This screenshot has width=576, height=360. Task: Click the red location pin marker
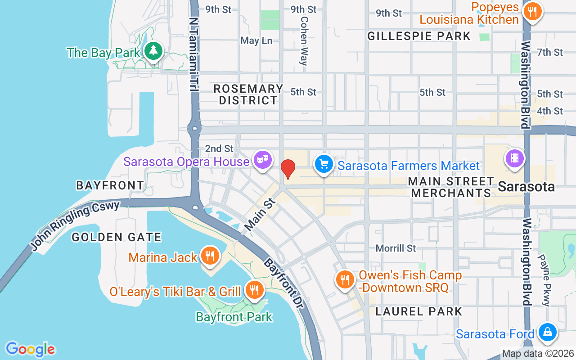point(288,169)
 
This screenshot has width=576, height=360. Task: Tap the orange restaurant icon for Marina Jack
point(209,256)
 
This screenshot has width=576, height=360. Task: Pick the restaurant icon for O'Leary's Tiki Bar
point(254,289)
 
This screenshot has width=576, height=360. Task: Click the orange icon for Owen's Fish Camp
point(345,279)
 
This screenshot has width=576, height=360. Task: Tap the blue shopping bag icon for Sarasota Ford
point(547,332)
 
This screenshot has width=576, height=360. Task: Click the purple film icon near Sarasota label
point(514,158)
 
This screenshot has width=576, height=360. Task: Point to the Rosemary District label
point(248,94)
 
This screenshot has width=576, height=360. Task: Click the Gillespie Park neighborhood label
point(418,36)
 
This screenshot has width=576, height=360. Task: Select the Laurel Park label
point(418,311)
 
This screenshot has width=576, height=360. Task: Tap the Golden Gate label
point(117,237)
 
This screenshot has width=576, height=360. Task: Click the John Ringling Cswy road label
point(75,225)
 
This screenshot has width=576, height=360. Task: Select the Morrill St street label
point(396,248)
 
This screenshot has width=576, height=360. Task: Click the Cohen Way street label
point(304,41)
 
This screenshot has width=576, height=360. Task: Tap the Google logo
point(30,349)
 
